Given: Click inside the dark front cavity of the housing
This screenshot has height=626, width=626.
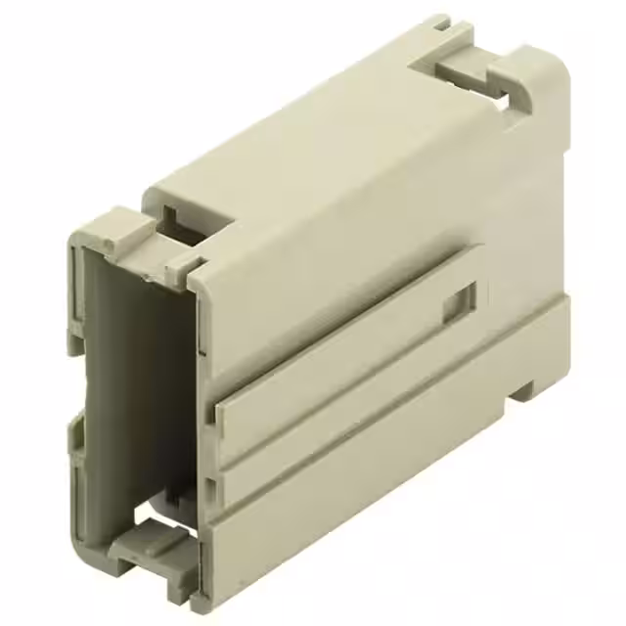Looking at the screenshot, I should (137, 391).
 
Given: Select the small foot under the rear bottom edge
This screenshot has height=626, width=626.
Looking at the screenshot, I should (523, 390).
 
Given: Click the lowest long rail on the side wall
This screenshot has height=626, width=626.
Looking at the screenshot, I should (391, 469).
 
